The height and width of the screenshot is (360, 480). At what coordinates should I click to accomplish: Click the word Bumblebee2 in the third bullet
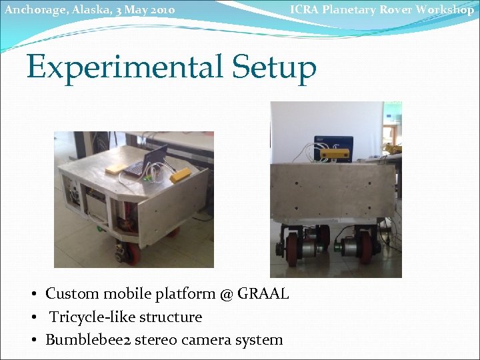point(87,339)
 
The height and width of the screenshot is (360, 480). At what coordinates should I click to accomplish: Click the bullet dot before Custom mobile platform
point(33,294)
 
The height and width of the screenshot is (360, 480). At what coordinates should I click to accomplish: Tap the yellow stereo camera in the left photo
point(181,175)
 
